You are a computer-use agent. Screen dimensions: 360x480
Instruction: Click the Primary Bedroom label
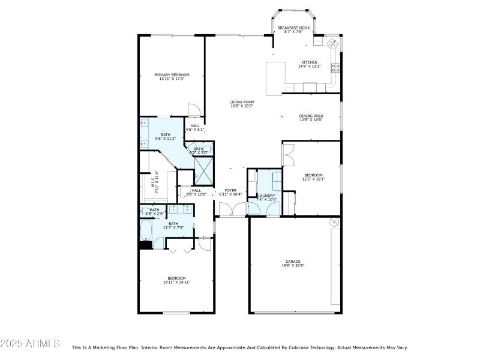click(x=172, y=75)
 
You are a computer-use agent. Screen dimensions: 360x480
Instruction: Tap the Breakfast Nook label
click(x=293, y=28)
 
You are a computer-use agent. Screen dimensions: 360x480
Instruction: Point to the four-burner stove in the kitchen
click(x=337, y=67)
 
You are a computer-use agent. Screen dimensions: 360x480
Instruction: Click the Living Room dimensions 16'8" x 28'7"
click(x=242, y=106)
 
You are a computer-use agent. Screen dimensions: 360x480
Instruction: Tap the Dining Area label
click(x=311, y=115)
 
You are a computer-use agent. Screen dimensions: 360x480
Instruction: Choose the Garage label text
click(x=293, y=262)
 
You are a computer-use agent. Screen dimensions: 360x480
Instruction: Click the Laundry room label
click(x=266, y=196)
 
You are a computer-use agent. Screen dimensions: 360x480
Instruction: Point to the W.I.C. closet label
click(x=154, y=180)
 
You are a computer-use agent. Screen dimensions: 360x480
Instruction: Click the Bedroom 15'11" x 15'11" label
click(x=176, y=278)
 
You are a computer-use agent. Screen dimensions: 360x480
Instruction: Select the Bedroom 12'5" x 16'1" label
click(x=312, y=175)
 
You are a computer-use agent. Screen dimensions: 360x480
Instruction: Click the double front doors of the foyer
click(x=231, y=210)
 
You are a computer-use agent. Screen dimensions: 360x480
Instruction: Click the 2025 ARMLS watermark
click(x=30, y=344)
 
